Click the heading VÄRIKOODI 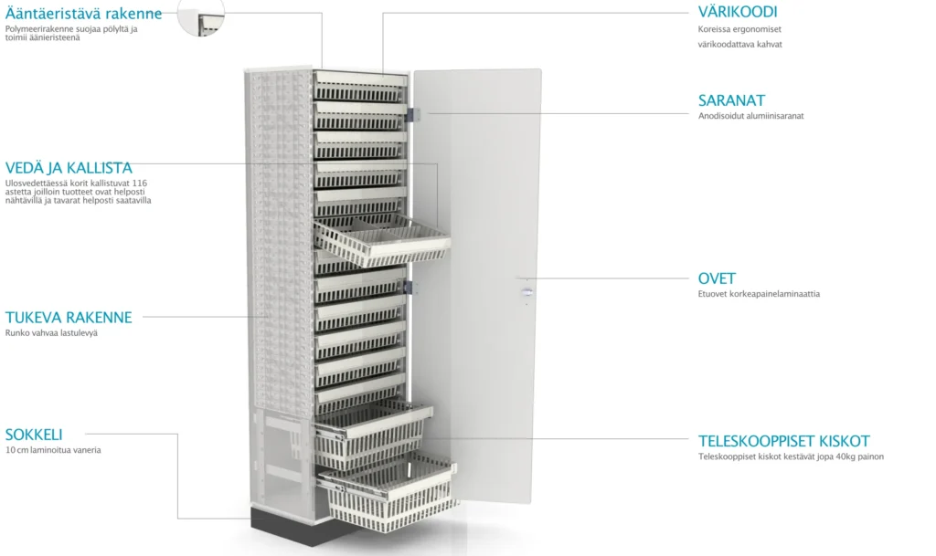pyautogui.click(x=738, y=12)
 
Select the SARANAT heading pyautogui.click(x=731, y=100)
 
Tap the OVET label pyautogui.click(x=717, y=278)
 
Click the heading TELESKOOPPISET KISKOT pyautogui.click(x=783, y=441)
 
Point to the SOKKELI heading pyautogui.click(x=34, y=435)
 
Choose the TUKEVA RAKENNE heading pyautogui.click(x=69, y=317)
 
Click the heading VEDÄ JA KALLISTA pyautogui.click(x=69, y=167)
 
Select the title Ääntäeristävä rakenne pyautogui.click(x=83, y=13)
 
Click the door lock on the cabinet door pyautogui.click(x=526, y=291)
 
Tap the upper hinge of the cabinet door pyautogui.click(x=412, y=114)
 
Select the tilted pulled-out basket pyautogui.click(x=382, y=240)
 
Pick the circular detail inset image pyautogui.click(x=201, y=16)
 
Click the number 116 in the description pyautogui.click(x=140, y=183)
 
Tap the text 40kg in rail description pyautogui.click(x=821, y=456)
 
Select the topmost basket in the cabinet pyautogui.click(x=360, y=86)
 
